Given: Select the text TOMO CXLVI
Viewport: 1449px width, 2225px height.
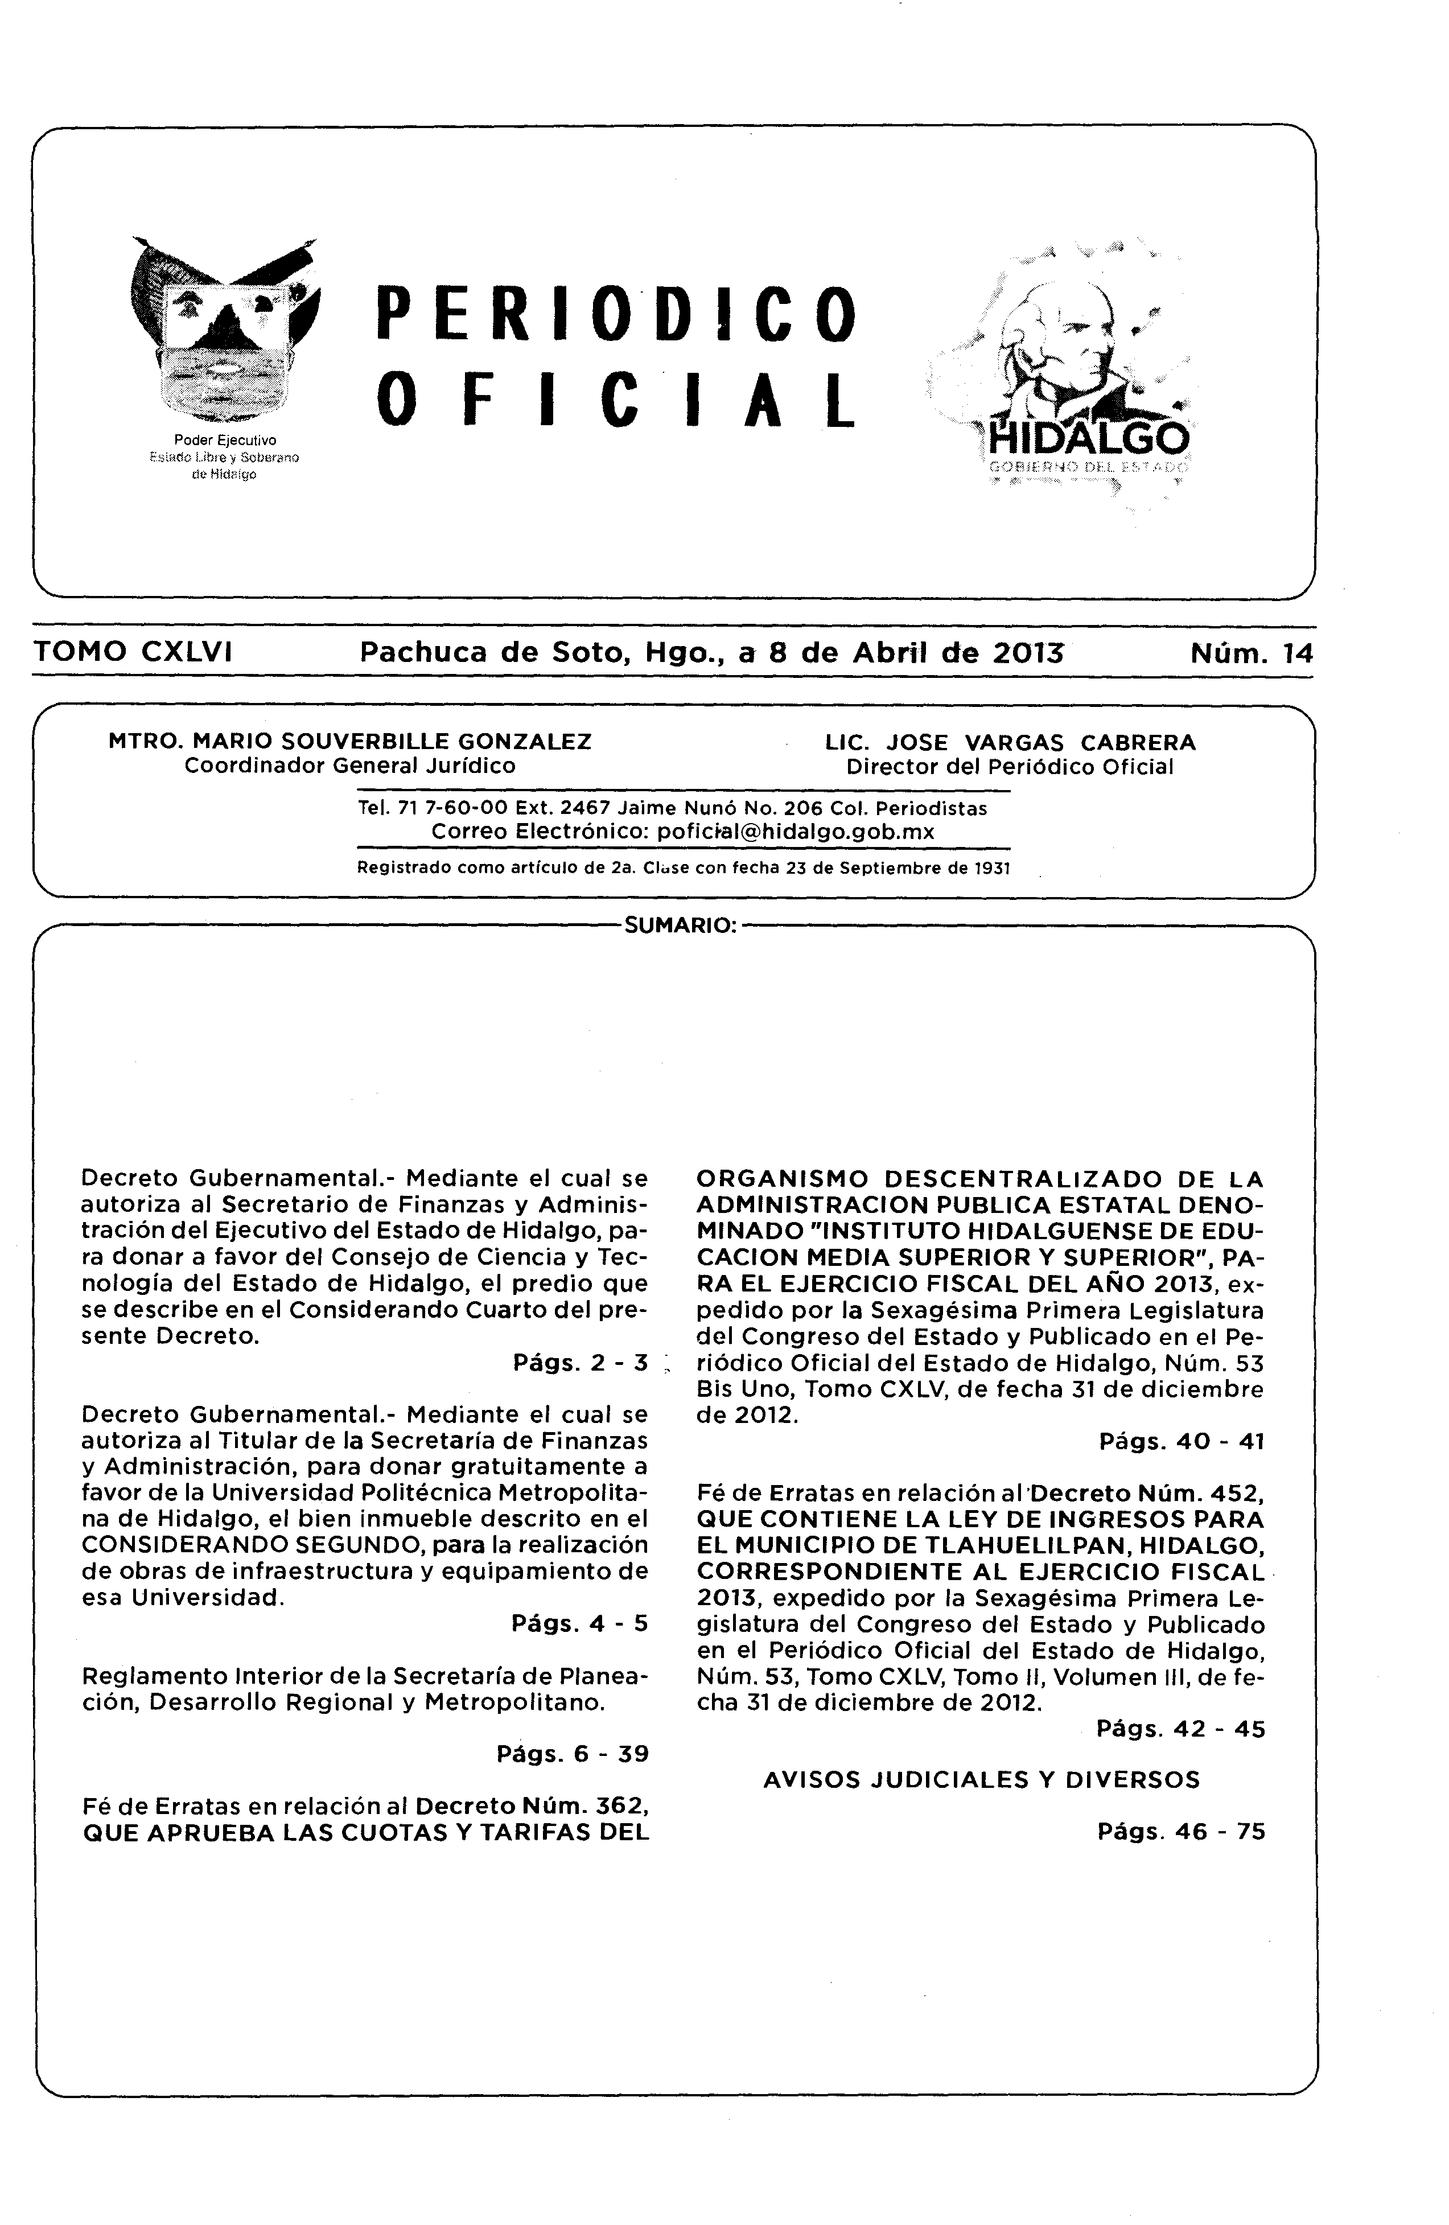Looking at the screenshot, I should (133, 652).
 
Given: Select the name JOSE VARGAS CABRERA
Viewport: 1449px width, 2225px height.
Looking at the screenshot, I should (1040, 742).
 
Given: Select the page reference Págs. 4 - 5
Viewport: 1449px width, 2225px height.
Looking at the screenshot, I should (579, 1623).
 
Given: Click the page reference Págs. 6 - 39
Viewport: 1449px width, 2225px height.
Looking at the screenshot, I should (572, 1754).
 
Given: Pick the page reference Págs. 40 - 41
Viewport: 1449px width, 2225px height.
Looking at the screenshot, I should (1182, 1441).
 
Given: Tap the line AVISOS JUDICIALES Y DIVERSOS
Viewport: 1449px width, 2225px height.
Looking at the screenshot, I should (982, 1779).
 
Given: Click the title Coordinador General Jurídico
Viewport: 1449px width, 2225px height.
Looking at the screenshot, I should (349, 766).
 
